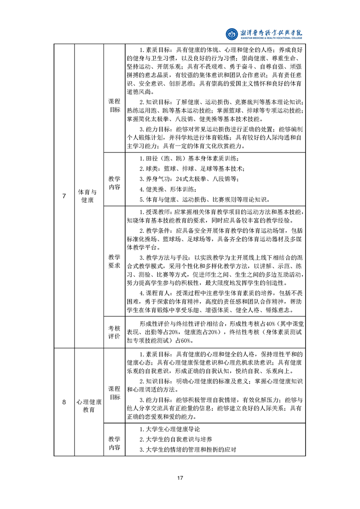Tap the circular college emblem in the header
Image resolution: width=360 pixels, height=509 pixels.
point(232,34)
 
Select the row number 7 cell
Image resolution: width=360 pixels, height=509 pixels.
point(64,196)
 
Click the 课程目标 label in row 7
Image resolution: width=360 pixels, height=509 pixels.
point(114,105)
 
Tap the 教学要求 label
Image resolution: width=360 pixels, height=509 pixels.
point(114,260)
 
